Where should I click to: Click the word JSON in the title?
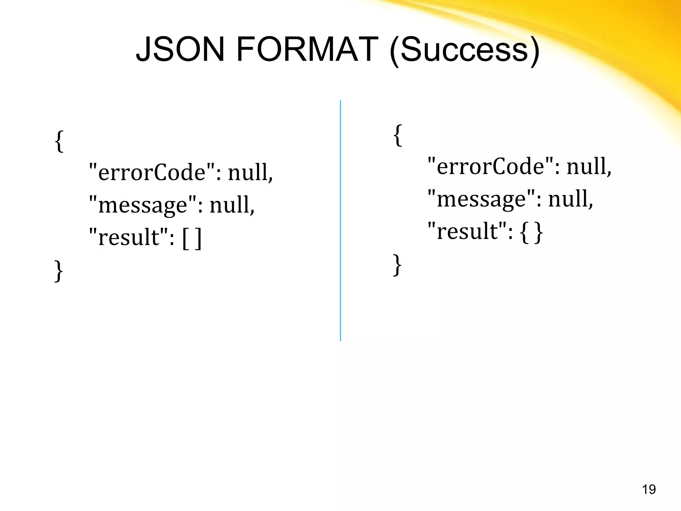[180, 50]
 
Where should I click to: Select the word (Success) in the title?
[464, 51]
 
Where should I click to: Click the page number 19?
[649, 490]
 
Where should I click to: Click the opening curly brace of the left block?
[59, 141]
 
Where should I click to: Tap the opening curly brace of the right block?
[397, 135]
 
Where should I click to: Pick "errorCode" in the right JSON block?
[491, 166]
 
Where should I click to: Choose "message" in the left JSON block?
[143, 205]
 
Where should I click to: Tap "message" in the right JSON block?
[481, 199]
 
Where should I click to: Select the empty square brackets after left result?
[192, 238]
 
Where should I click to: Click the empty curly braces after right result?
[531, 232]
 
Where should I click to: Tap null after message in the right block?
[570, 199]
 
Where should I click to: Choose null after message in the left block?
[232, 205]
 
